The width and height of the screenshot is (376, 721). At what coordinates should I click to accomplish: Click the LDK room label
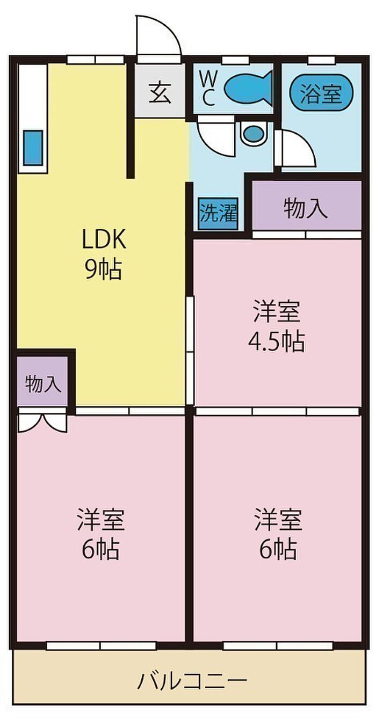[104, 240]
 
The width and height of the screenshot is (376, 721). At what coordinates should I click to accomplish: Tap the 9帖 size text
[103, 270]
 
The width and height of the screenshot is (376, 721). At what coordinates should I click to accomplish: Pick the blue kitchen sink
[33, 148]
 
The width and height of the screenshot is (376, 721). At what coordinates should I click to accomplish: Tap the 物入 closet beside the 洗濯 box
[306, 208]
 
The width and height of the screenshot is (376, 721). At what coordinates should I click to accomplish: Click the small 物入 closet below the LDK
[42, 384]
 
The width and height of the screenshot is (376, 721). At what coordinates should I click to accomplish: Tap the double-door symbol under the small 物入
[42, 420]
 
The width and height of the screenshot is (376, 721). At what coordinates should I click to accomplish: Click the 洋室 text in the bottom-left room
[101, 520]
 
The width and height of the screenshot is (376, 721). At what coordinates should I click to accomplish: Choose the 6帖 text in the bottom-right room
[278, 549]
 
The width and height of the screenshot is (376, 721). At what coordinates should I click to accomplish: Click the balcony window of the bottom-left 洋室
[100, 646]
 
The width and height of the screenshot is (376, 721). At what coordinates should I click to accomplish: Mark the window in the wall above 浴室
[318, 60]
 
